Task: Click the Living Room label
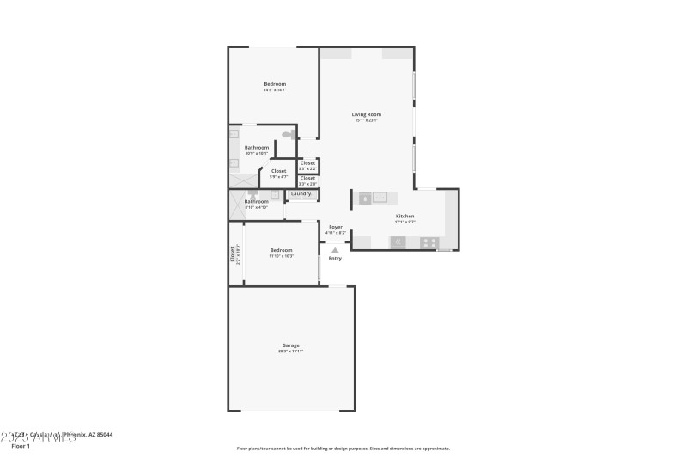(x=367, y=114)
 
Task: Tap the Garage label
(x=290, y=345)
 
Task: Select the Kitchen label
(x=404, y=216)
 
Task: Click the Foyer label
(x=336, y=227)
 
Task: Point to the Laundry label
(x=301, y=193)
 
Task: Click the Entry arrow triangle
(x=335, y=250)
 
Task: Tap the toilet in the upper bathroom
(x=287, y=134)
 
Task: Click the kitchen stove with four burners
(x=429, y=242)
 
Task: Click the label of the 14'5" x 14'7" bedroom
(x=275, y=83)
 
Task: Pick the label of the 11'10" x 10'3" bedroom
(x=281, y=250)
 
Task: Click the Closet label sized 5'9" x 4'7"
(x=278, y=171)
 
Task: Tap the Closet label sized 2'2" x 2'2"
(x=307, y=162)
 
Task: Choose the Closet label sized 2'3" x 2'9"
(x=307, y=178)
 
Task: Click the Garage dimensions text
(x=290, y=351)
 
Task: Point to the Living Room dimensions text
(x=367, y=120)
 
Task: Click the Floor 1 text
(x=21, y=446)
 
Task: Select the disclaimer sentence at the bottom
(x=343, y=448)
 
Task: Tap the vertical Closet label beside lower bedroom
(x=232, y=253)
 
